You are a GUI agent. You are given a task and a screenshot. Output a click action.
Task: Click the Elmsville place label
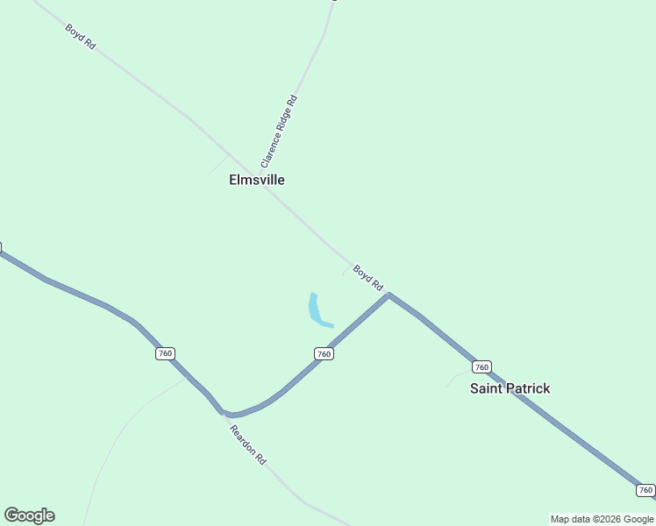pos(256,180)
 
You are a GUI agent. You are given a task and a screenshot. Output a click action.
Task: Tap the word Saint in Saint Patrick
pos(488,388)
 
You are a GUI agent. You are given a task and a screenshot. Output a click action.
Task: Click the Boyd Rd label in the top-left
pos(80,36)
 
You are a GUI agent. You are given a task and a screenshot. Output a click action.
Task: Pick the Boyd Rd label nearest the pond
pos(368,277)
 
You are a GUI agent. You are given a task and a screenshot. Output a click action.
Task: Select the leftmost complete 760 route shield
pos(165,353)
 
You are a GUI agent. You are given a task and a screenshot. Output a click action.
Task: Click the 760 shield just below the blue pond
pos(324,353)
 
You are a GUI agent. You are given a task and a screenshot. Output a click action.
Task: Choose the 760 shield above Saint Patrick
pos(481,366)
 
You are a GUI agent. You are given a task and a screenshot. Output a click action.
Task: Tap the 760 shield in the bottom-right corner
pos(645,490)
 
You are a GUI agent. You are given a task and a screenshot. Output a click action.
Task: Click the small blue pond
pos(316,310)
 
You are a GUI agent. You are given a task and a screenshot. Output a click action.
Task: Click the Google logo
pos(29,515)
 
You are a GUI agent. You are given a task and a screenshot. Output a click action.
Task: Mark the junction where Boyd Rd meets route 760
pos(389,295)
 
